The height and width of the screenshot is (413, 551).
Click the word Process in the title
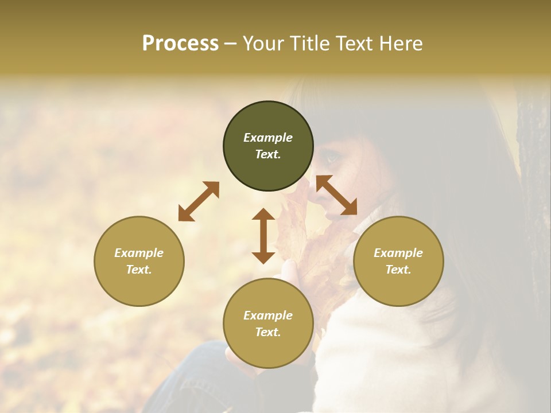pyautogui.click(x=180, y=44)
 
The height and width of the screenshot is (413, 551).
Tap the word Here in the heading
pyautogui.click(x=401, y=44)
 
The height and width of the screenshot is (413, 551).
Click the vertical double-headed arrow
pyautogui.click(x=263, y=236)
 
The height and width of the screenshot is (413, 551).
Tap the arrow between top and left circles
pyautogui.click(x=199, y=201)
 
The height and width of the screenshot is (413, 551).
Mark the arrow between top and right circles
pyautogui.click(x=336, y=195)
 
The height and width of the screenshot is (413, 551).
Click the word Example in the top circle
pyautogui.click(x=268, y=138)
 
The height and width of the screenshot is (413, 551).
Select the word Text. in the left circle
pyautogui.click(x=139, y=270)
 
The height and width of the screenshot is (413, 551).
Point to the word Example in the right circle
pyautogui.click(x=398, y=253)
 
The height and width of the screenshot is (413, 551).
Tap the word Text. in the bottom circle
pyautogui.click(x=268, y=332)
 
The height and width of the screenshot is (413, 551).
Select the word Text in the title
pyautogui.click(x=354, y=44)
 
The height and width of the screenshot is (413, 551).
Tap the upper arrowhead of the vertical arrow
pyautogui.click(x=263, y=215)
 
